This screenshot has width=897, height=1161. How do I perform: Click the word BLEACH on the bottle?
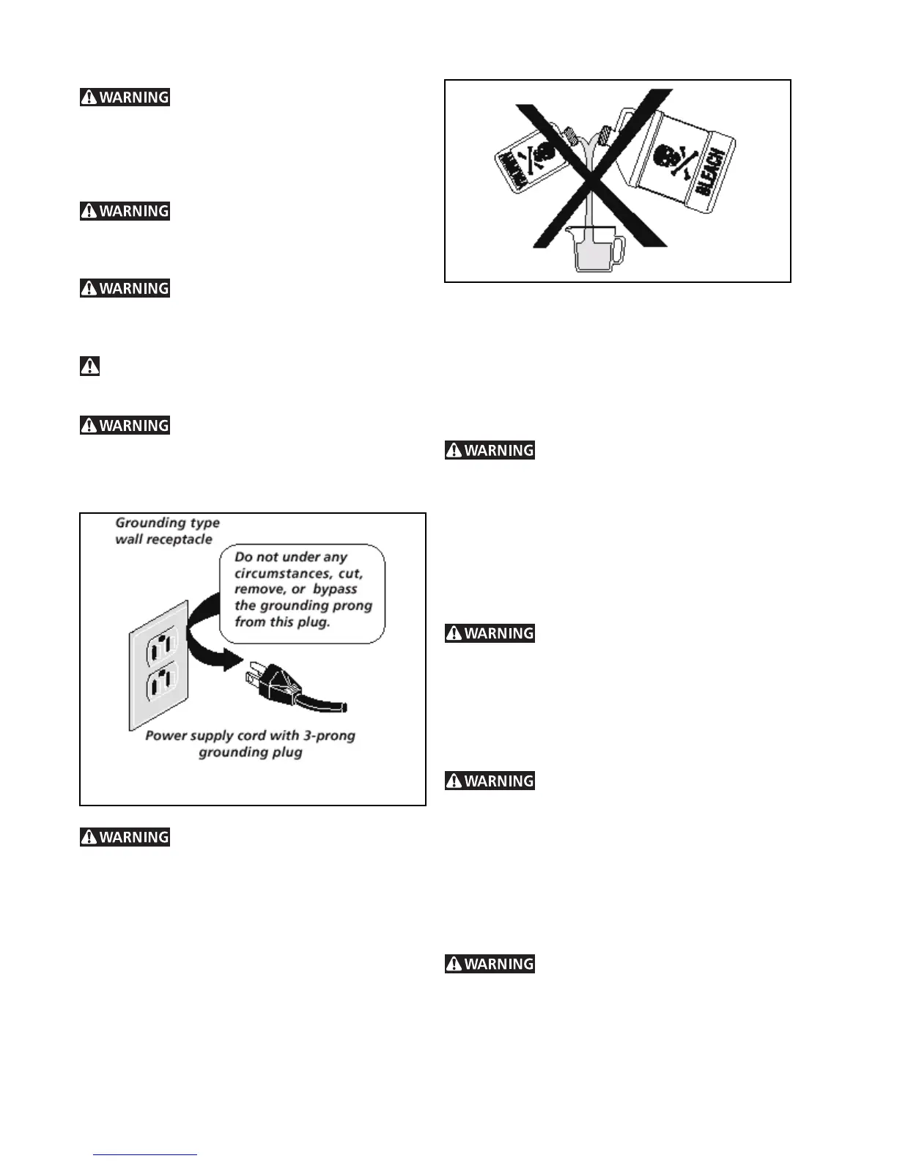[x=709, y=172]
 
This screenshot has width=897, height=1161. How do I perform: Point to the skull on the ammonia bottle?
[x=543, y=153]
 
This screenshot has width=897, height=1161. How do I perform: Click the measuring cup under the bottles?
[x=594, y=249]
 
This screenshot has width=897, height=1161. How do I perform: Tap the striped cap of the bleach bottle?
[x=605, y=135]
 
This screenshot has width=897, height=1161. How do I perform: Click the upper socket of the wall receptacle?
[x=161, y=646]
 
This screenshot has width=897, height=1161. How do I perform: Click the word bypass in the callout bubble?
[x=335, y=589]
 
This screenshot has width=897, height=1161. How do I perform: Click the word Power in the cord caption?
[x=164, y=736]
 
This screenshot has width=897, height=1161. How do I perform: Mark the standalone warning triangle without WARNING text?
[x=89, y=366]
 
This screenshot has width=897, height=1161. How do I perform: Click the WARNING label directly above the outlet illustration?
[x=125, y=426]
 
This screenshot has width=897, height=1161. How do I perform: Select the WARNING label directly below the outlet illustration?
[x=125, y=837]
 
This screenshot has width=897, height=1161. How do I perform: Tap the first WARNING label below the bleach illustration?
[x=490, y=451]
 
